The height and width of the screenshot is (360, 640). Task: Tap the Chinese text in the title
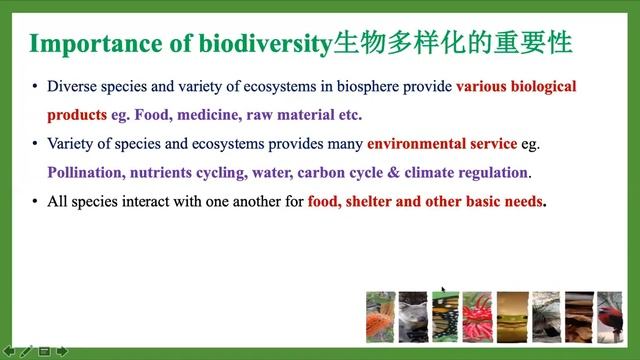pos(458,43)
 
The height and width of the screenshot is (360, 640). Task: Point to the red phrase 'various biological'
pos(516,87)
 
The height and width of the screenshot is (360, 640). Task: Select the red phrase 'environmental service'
pos(442,144)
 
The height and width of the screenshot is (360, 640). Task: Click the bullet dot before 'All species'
pos(35,201)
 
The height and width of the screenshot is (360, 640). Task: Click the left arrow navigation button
pos(9,351)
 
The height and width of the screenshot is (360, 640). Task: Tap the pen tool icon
pos(26,351)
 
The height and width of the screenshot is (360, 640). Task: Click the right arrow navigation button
pos(61,351)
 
